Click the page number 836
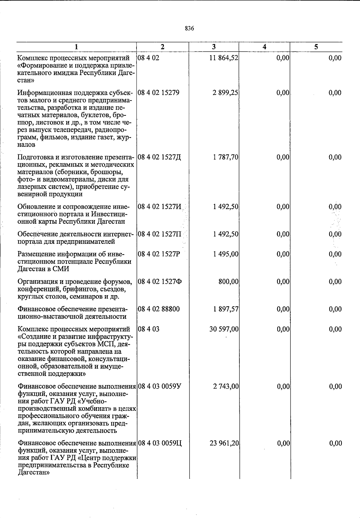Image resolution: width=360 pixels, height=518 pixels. (189, 29)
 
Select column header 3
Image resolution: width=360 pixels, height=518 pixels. (214, 47)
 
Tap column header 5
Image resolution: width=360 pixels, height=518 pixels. (316, 47)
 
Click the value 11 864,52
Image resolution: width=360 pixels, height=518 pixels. (224, 58)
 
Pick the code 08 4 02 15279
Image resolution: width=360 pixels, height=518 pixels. (158, 93)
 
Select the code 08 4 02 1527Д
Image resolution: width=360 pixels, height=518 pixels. (159, 157)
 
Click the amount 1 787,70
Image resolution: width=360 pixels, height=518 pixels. (226, 157)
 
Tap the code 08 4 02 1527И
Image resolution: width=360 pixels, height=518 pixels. (159, 207)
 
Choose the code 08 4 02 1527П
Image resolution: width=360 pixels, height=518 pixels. (159, 234)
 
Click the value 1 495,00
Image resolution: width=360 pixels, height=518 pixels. (226, 254)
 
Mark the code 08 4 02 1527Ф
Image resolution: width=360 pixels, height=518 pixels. (159, 282)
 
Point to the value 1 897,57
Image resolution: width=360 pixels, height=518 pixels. (226, 309)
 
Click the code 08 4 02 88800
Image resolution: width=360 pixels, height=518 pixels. (159, 309)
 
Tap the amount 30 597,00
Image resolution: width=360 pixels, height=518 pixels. (224, 329)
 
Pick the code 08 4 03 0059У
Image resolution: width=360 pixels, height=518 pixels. (159, 386)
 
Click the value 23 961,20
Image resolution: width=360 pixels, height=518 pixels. (224, 443)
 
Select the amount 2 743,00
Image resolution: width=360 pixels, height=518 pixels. (226, 386)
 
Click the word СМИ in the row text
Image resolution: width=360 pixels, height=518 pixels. (61, 269)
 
